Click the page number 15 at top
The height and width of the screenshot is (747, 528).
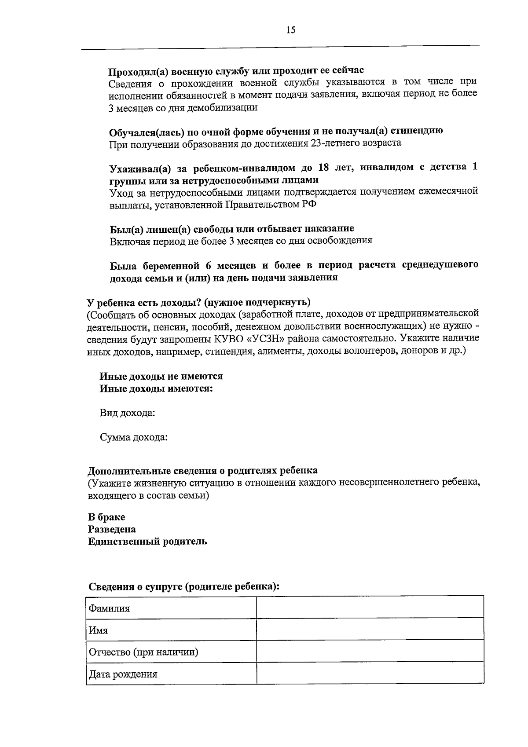point(290,30)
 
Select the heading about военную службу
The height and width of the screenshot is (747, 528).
point(236,70)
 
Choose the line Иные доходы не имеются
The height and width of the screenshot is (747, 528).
point(161,376)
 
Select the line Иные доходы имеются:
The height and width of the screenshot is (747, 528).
point(156,388)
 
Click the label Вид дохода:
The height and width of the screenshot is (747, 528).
point(127,413)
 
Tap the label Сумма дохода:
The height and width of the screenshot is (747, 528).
point(133,437)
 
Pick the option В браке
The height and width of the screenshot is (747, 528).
point(106,516)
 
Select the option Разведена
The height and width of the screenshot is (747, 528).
point(112,529)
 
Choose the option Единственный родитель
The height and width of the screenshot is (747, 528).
point(147,541)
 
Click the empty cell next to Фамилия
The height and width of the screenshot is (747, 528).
point(370,608)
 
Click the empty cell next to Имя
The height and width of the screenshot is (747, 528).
point(370,629)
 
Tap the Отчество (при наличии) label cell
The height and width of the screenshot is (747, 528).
point(143,652)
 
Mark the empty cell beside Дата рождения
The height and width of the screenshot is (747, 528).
point(370,673)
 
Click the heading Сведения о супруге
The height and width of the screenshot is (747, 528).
point(184,586)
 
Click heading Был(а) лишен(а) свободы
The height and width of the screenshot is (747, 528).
point(231,229)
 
